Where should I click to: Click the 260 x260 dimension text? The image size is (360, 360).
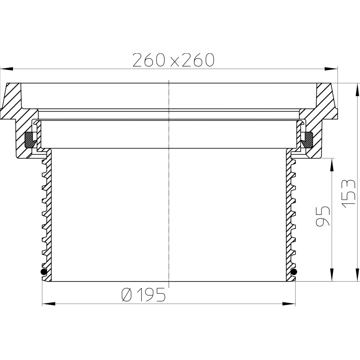[x=174, y=60]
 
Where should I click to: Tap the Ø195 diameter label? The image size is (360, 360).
[x=144, y=294]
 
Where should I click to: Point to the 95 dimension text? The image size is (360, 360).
[x=323, y=216]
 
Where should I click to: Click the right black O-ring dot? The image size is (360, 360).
[x=294, y=272]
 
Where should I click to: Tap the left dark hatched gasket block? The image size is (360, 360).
[x=30, y=140]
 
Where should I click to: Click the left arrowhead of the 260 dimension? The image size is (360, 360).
[x=6, y=69]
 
